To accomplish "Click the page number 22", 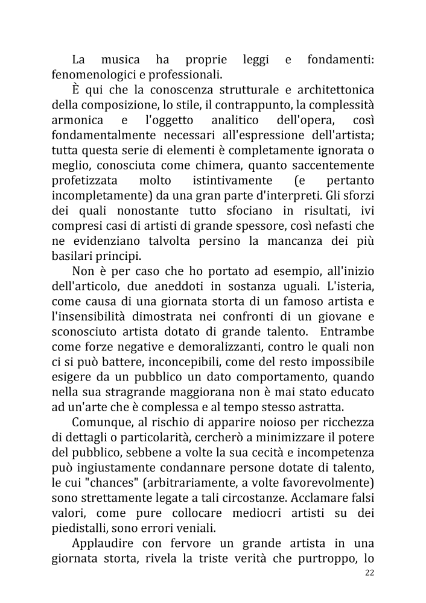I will coord(369,573).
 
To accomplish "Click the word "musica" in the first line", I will coord(120,60).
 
